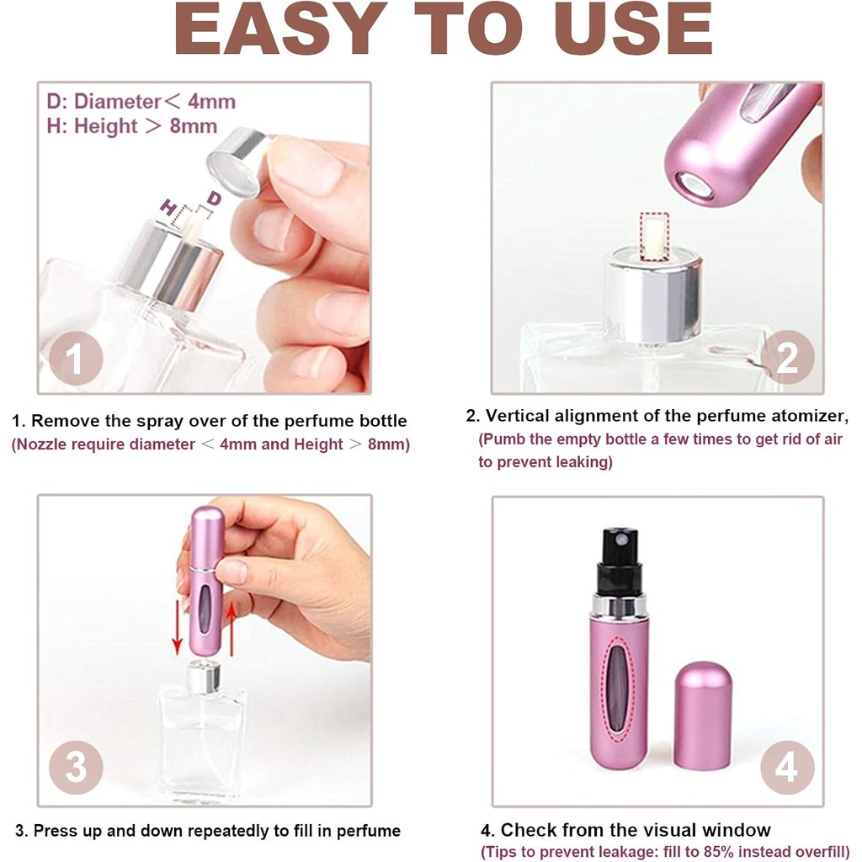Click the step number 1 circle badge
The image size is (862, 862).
point(76,359)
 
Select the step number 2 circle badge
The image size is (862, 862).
point(787,357)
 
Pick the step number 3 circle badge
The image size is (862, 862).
point(76,767)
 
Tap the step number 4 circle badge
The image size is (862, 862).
point(787,767)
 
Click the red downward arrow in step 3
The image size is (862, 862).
point(177,626)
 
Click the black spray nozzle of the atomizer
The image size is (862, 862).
point(620,560)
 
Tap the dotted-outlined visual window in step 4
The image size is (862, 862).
point(619,689)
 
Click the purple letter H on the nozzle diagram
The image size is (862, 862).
point(168,208)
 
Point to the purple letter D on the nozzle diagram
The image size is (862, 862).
point(214,198)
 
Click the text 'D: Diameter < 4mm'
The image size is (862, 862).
point(141,102)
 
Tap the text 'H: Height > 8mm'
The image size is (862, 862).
point(132,126)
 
